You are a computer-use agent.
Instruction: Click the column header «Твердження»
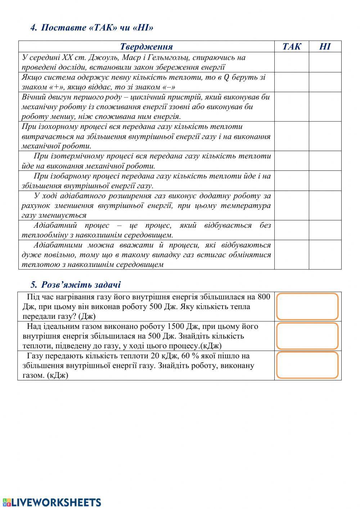pos(146,46)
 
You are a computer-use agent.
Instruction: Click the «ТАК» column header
pos(291,46)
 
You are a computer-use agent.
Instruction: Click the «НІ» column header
pos(325,46)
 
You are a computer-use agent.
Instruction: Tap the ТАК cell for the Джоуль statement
pos(291,62)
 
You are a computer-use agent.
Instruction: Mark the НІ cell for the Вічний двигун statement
pos(325,107)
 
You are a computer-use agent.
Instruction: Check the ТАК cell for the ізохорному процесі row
pos(291,136)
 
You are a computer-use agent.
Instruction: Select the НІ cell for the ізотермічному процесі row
pos(325,161)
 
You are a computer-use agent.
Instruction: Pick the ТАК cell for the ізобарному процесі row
pos(291,181)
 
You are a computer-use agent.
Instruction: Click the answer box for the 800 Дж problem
pos(307,307)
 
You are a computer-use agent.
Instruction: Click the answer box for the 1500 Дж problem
pos(307,336)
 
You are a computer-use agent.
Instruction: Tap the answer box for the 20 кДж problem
pos(307,365)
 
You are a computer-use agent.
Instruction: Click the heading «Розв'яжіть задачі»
pos(81,285)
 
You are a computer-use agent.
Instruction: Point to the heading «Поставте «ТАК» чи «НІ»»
pos(95,28)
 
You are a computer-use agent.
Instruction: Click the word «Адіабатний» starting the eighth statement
pos(55,226)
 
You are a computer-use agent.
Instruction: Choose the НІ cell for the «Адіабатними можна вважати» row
pos(325,255)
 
